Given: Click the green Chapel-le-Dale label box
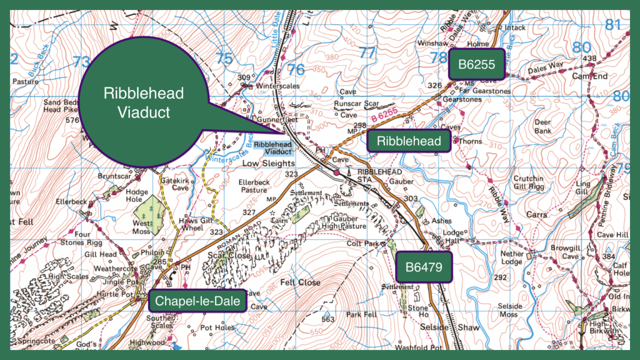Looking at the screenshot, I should coord(197,301).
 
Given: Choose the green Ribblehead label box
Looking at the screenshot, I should coord(409,141).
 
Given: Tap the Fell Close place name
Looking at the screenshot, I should coord(300,282).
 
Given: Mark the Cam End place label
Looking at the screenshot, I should coord(589,76).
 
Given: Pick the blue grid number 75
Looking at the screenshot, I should coord(223,59).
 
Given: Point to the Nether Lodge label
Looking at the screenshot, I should coord(511,257).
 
